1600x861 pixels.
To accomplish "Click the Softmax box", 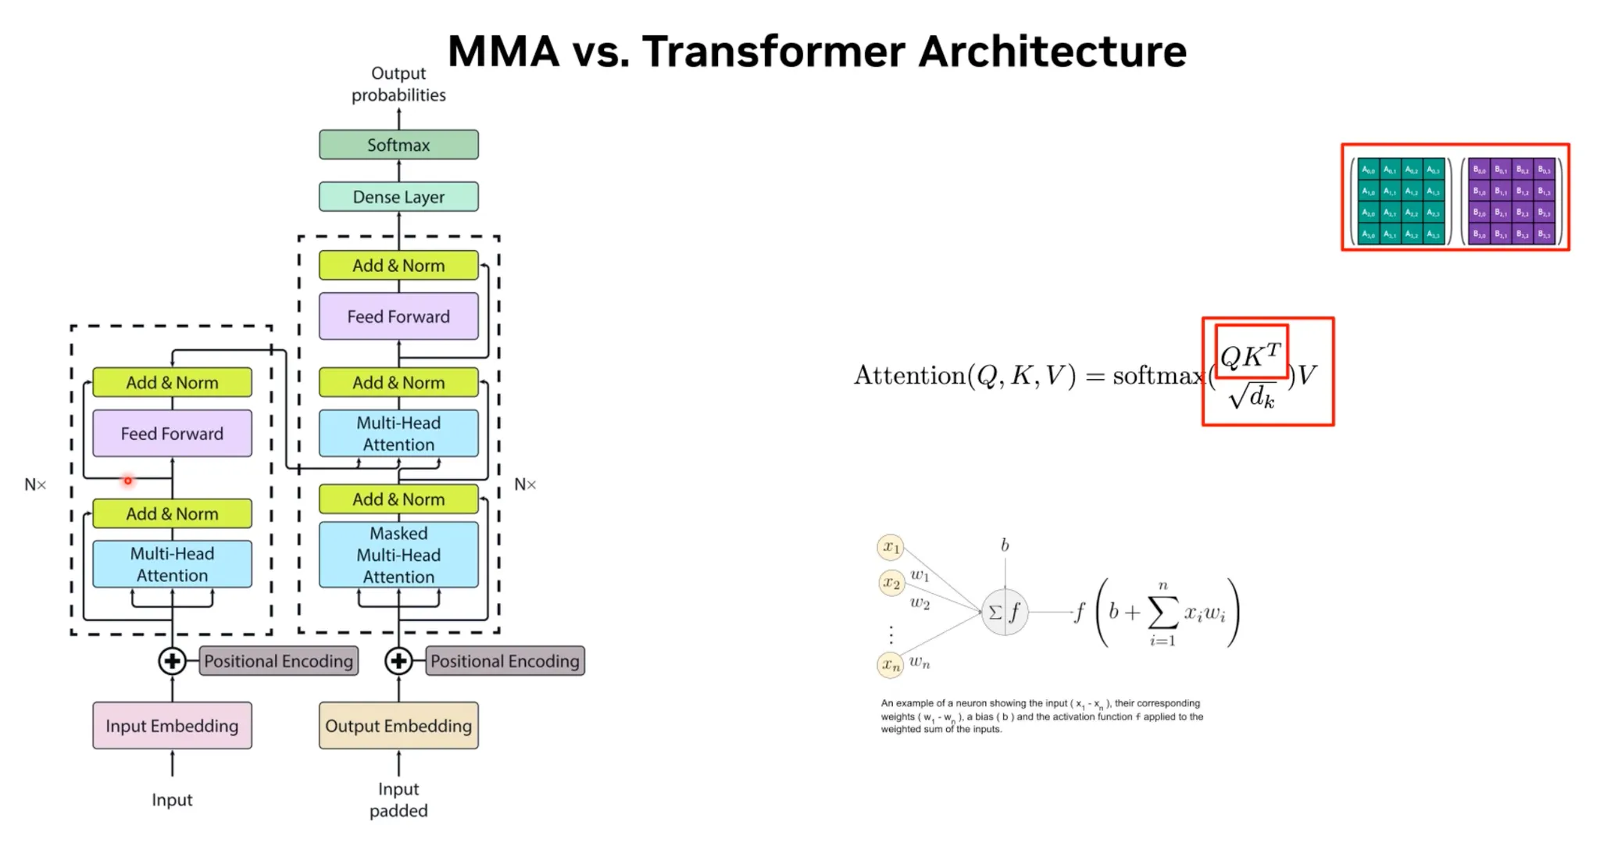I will click(x=398, y=145).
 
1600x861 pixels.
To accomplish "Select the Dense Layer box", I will click(x=398, y=197).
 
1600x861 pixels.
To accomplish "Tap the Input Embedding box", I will click(x=172, y=726).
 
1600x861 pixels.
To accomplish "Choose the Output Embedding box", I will click(x=398, y=726).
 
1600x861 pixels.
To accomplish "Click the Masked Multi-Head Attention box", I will click(x=398, y=555).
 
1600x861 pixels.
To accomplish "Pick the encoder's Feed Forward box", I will click(x=172, y=434).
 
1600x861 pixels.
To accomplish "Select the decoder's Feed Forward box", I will click(x=398, y=316).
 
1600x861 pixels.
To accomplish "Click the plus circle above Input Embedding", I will click(x=172, y=661).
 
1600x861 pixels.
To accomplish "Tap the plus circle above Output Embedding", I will click(x=398, y=661).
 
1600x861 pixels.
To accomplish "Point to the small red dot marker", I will click(x=128, y=481).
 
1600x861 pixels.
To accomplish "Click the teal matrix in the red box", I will click(x=1401, y=202).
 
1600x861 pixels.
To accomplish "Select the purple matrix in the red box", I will click(x=1511, y=202).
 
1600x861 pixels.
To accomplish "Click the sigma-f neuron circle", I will click(x=1004, y=612).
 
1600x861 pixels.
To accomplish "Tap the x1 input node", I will click(x=891, y=547).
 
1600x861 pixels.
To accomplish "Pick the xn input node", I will click(x=891, y=665).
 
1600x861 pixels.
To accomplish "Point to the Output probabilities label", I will click(x=398, y=84).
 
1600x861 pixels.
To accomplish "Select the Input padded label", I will click(x=398, y=799).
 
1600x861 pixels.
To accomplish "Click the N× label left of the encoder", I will click(x=35, y=485).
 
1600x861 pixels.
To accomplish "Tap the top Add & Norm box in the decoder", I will click(x=398, y=266).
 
